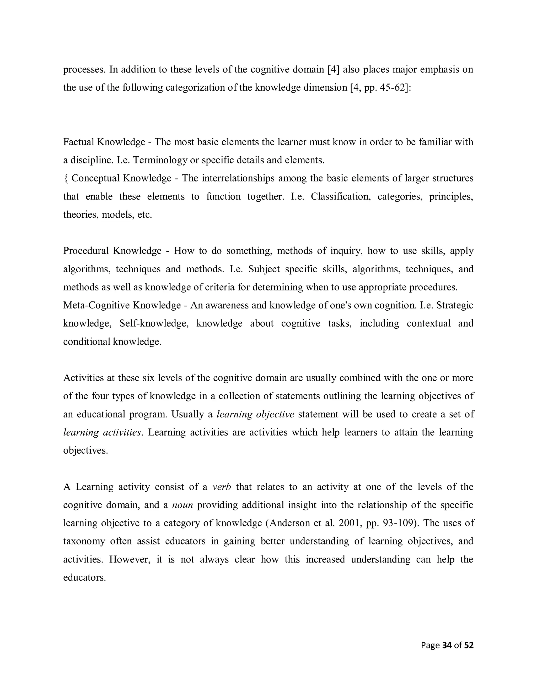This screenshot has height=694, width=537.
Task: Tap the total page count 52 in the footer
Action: [469, 645]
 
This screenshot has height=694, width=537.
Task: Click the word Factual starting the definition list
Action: [79, 142]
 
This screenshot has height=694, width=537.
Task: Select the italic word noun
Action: [182, 505]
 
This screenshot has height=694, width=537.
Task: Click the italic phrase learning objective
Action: [255, 414]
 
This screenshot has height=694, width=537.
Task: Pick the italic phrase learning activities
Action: [102, 432]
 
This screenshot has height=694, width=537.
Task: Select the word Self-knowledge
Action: [154, 323]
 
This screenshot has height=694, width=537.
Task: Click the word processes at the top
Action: [84, 70]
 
